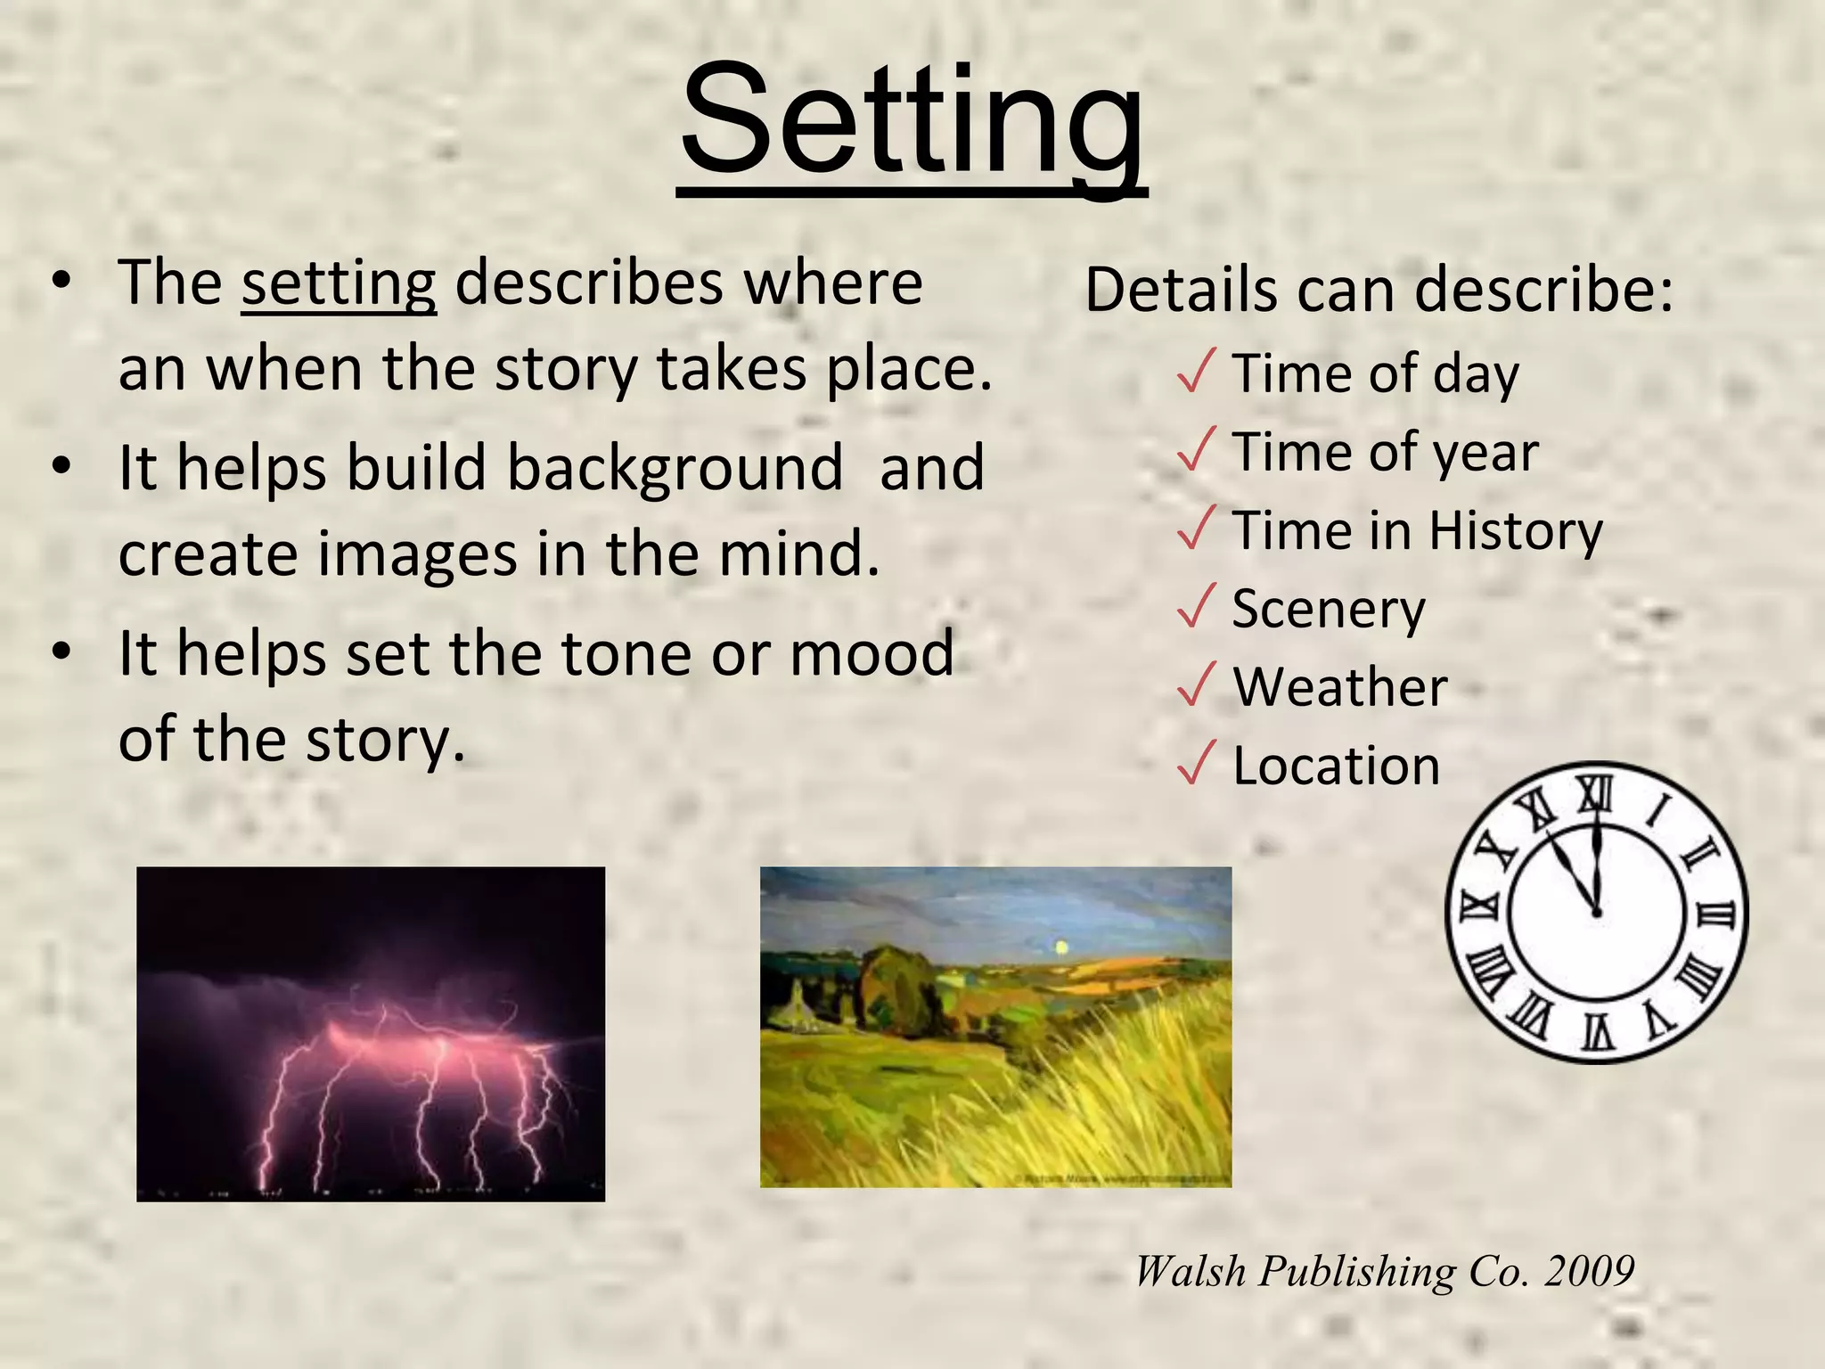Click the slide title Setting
click(912, 120)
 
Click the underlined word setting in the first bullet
click(339, 283)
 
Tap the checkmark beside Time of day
click(1196, 371)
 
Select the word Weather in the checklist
click(1340, 687)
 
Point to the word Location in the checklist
click(1336, 766)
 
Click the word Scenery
click(1329, 610)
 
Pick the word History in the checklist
click(1516, 531)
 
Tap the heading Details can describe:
click(1379, 291)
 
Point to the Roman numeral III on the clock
click(1716, 914)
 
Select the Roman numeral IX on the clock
click(1478, 908)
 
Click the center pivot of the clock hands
click(1596, 913)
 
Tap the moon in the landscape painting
click(1060, 947)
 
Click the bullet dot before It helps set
click(61, 652)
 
